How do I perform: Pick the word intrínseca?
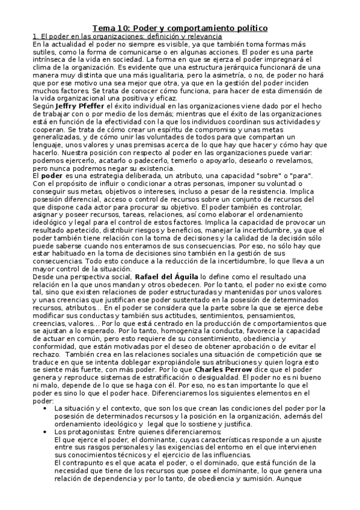coord(47,60)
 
